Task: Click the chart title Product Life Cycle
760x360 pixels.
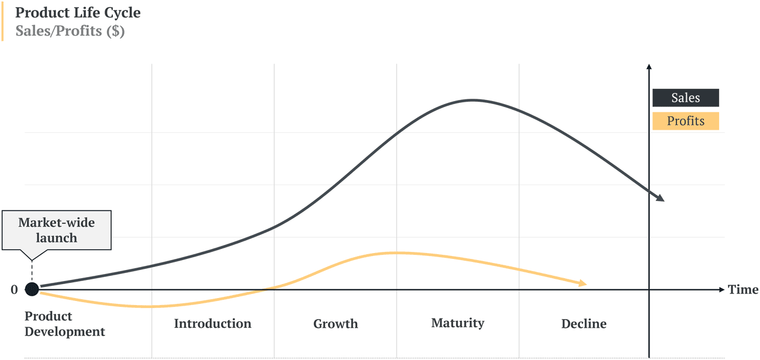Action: point(78,12)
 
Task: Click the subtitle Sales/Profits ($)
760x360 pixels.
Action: point(70,31)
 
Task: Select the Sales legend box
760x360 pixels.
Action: point(685,98)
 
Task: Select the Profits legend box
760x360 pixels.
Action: point(685,122)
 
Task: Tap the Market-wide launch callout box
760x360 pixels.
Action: point(56,230)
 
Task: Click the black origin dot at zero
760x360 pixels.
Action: point(32,289)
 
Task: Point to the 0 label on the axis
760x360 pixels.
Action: point(14,289)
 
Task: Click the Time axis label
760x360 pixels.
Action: point(743,289)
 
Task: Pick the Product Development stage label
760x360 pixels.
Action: point(64,324)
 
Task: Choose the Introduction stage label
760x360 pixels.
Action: point(212,324)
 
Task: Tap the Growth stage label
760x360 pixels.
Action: point(335,324)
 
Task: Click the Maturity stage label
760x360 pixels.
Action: point(458,323)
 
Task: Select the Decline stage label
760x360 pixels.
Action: point(583,324)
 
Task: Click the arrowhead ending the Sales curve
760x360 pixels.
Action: point(661,199)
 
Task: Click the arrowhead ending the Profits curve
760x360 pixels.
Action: point(582,283)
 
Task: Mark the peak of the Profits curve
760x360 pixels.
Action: point(395,252)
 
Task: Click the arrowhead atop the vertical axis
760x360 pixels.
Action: point(649,67)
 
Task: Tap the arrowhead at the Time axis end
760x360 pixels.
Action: point(722,289)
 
